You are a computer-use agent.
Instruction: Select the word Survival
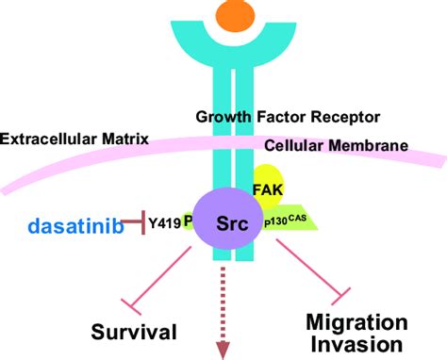pos(135,331)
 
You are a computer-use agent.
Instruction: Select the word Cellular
pos(295,146)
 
